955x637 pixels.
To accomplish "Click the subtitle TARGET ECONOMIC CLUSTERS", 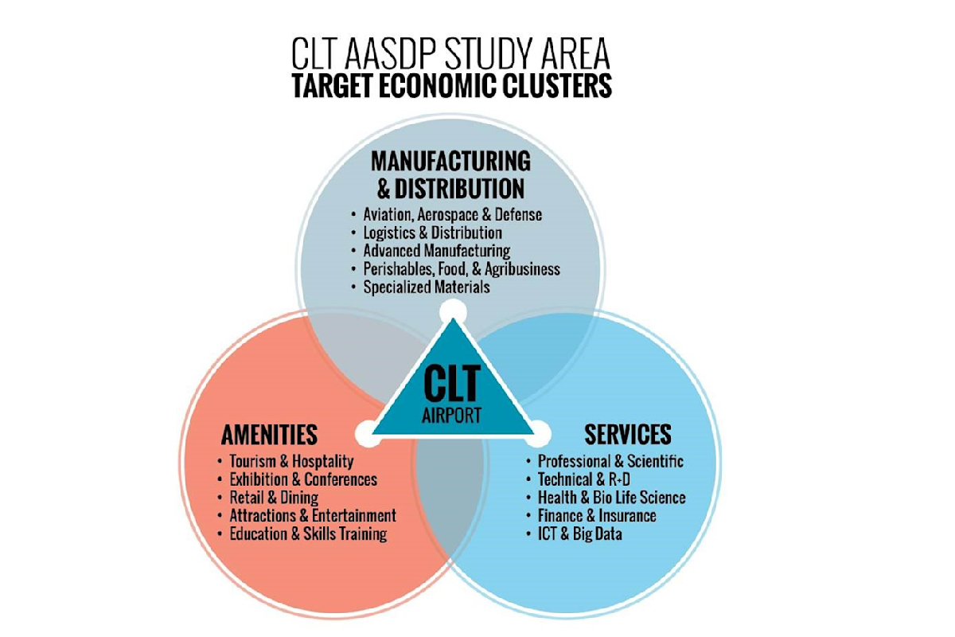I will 451,86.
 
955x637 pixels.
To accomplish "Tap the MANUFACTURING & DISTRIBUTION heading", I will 450,174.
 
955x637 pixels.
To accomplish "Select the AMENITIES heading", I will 269,435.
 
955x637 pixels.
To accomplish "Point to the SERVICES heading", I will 628,435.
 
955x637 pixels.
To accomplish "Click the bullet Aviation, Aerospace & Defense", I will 452,215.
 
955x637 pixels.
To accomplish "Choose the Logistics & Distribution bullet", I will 432,233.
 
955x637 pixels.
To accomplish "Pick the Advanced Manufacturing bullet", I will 436,252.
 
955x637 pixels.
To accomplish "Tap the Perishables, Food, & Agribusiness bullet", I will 461,269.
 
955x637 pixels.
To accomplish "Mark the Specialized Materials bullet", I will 426,287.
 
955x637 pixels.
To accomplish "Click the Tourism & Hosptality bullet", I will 290,462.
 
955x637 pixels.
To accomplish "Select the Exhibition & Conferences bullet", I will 302,480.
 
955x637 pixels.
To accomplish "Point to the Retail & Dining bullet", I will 273,498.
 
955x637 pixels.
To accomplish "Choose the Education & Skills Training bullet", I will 307,534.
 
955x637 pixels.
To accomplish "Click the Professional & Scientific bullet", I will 610,462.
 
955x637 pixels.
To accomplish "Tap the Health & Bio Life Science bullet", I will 611,498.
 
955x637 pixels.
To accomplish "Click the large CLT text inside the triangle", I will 452,384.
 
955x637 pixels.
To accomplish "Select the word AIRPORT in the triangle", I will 451,415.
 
